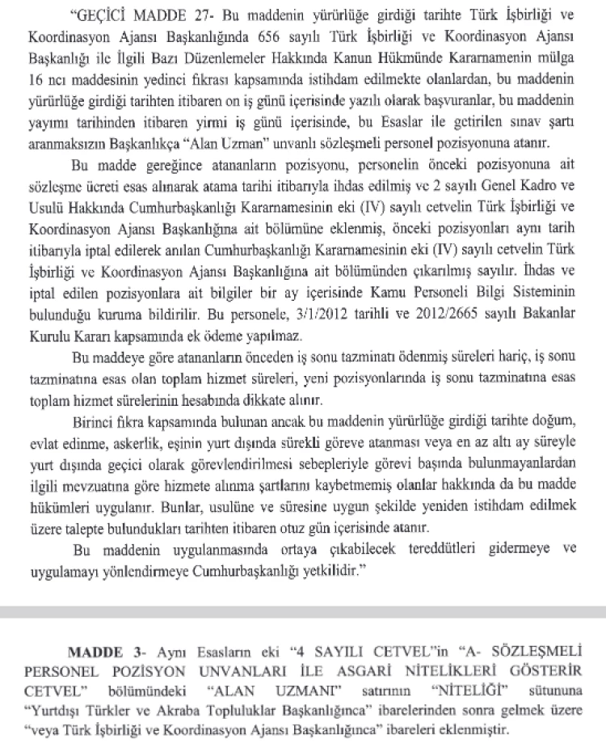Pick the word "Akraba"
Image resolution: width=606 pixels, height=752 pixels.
pyautogui.click(x=190, y=709)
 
